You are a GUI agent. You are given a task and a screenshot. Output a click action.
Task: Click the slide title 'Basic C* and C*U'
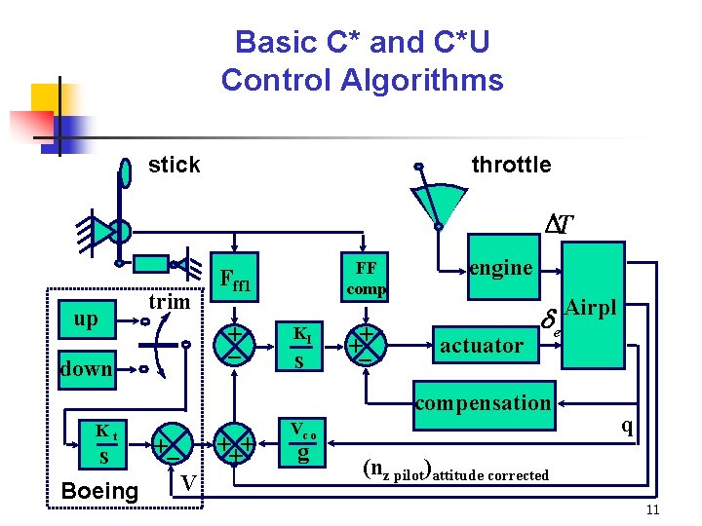[362, 43]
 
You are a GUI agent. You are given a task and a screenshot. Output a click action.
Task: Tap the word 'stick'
[174, 165]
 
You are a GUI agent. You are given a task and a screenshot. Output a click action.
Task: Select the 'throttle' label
[511, 165]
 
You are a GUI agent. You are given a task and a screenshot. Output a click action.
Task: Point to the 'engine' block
[500, 268]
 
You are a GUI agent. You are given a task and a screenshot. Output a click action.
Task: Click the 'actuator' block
[482, 345]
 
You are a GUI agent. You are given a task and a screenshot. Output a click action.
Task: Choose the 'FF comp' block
[367, 278]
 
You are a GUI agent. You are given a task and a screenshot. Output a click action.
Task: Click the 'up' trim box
[85, 319]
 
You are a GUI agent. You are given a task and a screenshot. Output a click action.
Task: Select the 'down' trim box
[86, 368]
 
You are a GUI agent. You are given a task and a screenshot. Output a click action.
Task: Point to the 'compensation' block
[483, 402]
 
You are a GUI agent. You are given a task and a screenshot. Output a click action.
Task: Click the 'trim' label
[169, 301]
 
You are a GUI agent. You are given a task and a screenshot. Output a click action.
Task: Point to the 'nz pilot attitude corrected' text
[454, 470]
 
